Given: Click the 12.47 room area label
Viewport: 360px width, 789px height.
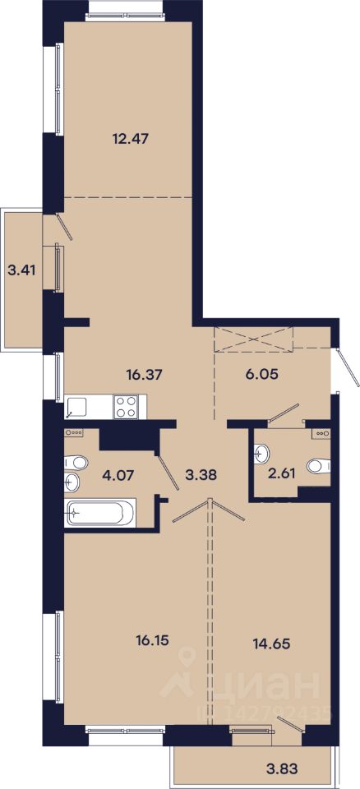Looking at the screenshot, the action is coord(130,138).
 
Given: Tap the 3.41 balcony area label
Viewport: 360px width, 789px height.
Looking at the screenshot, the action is coord(21,270).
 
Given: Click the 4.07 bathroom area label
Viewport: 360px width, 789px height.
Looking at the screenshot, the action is coord(118,476).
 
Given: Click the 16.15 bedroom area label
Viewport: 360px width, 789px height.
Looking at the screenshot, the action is coord(151,640).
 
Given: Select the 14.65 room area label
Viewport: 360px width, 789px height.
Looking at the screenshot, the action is coord(272,643).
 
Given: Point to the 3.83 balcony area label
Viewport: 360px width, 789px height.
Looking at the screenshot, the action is coord(281,768).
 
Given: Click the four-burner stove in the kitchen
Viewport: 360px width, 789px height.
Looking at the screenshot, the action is coord(126,407).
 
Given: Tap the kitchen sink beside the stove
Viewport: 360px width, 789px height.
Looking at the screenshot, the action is coord(76,407).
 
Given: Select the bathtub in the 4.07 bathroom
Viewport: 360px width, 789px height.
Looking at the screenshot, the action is coord(100,513).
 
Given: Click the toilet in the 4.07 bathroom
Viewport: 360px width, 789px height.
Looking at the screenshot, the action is coord(76,461).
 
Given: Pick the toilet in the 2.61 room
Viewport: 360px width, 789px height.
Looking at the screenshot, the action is coord(318,466).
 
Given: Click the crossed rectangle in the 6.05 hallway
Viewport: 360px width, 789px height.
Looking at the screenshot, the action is coord(253,339).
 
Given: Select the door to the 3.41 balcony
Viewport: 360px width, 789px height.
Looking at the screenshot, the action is coord(65,227).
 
